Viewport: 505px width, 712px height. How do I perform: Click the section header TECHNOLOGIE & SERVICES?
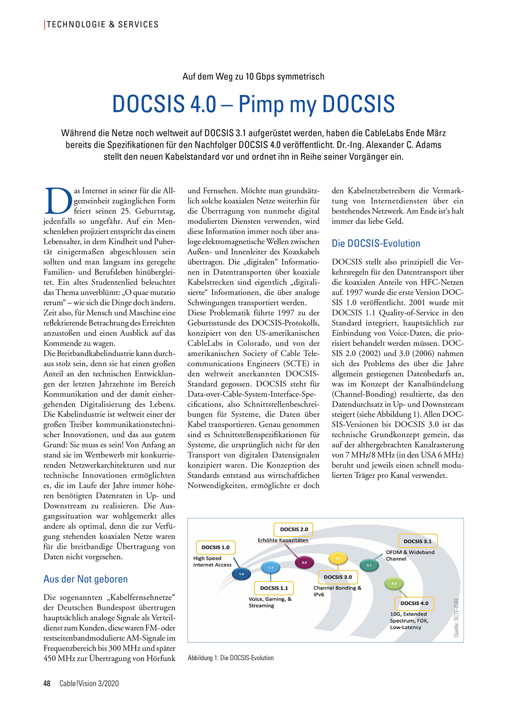click(103, 24)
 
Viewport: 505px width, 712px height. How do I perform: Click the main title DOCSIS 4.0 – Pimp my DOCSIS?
click(253, 104)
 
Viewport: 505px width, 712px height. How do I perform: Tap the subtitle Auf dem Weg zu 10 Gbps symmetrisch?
click(253, 76)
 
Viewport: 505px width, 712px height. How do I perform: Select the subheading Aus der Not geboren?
click(86, 579)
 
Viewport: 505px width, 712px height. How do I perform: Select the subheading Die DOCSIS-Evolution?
click(376, 243)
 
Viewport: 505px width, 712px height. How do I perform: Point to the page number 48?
click(47, 683)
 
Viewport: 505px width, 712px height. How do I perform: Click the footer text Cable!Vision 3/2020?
click(89, 683)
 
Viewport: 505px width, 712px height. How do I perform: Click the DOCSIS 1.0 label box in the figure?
click(216, 547)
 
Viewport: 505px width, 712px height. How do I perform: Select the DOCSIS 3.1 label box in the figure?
click(418, 541)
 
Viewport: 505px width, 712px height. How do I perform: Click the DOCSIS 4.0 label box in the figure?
click(414, 603)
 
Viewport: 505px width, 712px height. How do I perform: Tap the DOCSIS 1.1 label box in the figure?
click(274, 588)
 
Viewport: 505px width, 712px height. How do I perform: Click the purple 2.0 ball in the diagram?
click(304, 562)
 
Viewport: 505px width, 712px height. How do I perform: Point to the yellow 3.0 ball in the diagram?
click(338, 558)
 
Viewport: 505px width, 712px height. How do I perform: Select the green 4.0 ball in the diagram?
click(394, 584)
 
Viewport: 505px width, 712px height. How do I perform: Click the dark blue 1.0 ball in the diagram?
click(241, 574)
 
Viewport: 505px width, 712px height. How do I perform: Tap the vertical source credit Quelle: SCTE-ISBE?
click(456, 617)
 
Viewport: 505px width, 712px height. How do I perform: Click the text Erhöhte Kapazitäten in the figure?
click(283, 540)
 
